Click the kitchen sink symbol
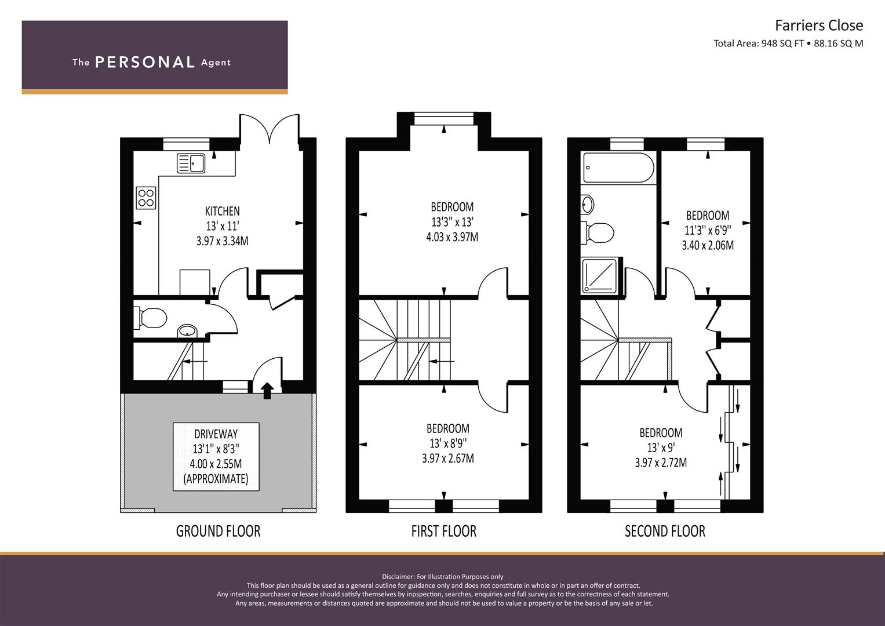[x=191, y=163]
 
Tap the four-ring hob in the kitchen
[x=146, y=198]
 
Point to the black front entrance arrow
[x=268, y=391]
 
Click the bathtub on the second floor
[x=618, y=168]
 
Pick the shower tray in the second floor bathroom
[x=600, y=275]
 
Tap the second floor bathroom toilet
[x=597, y=232]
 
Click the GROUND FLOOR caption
[x=218, y=531]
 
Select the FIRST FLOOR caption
[x=444, y=531]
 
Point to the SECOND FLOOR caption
[x=665, y=531]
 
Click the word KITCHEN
[x=223, y=211]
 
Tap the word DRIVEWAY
[x=216, y=434]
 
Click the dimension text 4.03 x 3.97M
[x=452, y=236]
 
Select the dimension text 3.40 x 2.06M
[x=708, y=245]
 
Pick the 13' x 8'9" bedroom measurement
[x=448, y=443]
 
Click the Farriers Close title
[x=819, y=26]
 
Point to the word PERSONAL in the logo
[x=145, y=62]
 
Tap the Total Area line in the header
[x=788, y=43]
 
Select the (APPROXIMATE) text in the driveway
[x=216, y=479]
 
